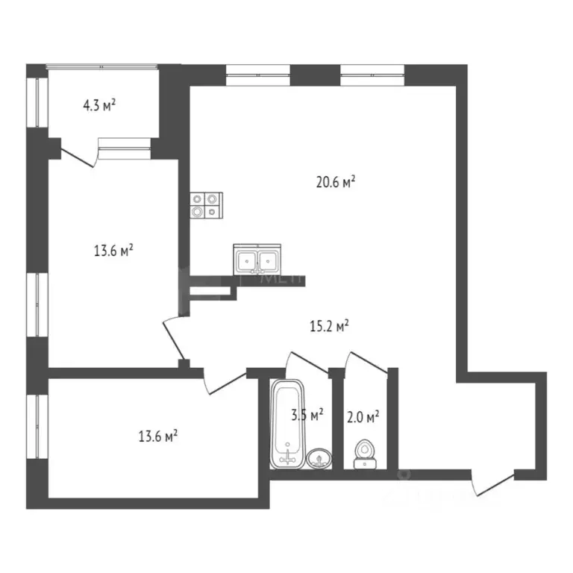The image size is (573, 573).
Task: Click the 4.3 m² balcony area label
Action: coord(98,106)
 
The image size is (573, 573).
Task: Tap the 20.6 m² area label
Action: coord(335,181)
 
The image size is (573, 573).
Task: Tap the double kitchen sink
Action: coord(257,260)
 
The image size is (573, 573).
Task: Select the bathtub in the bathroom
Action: coord(286,425)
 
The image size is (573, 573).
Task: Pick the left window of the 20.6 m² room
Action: coord(257,72)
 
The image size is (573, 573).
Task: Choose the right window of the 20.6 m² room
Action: coord(372,72)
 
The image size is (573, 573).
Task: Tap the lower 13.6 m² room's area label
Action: coord(156,436)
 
